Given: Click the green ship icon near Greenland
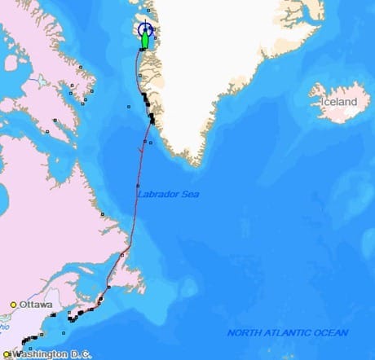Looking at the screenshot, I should coord(145,39).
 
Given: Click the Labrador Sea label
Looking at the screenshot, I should coord(168,194).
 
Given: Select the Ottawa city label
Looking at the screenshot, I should coord(37,305).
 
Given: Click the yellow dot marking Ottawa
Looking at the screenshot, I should coord(13,305).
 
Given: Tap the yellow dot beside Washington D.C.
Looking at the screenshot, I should coord(7,354).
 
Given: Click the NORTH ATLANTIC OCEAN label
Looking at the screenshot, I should coord(288,332).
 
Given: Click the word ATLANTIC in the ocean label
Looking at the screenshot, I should coord(291,332).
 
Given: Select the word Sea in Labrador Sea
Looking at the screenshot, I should coord(189,194).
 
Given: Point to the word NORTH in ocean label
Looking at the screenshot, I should coord(244,332).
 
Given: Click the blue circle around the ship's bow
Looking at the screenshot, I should coord(145,28).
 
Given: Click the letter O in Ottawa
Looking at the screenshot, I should coord(24,305).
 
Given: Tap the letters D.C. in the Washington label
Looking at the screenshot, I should coord(81,354).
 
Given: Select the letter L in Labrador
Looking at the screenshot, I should coord(139,194).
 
